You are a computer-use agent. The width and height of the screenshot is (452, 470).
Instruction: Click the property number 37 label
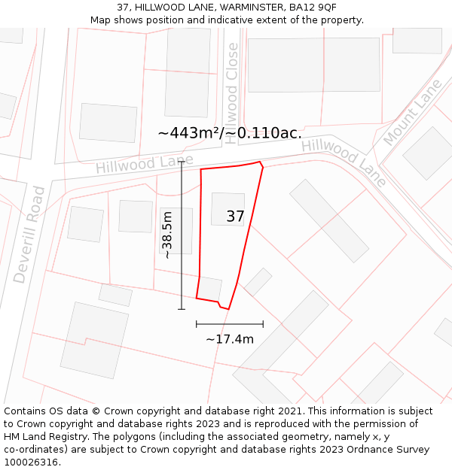click(x=235, y=217)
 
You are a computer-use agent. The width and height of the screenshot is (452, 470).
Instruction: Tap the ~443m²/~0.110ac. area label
click(x=230, y=133)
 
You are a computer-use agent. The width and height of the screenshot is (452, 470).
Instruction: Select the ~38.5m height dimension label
click(x=167, y=235)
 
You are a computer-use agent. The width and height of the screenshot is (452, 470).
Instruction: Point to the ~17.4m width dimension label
click(x=230, y=339)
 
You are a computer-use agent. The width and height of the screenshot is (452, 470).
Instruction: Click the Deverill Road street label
click(x=29, y=235)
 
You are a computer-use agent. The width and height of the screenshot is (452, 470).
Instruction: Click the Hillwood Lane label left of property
click(x=144, y=164)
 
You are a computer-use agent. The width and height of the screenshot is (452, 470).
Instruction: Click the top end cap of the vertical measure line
click(x=182, y=162)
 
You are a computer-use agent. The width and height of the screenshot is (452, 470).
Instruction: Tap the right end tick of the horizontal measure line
click(x=263, y=324)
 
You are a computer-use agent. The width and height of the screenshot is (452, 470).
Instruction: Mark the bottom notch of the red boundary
click(x=224, y=308)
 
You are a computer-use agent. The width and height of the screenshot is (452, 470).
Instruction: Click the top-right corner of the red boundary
click(x=261, y=162)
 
